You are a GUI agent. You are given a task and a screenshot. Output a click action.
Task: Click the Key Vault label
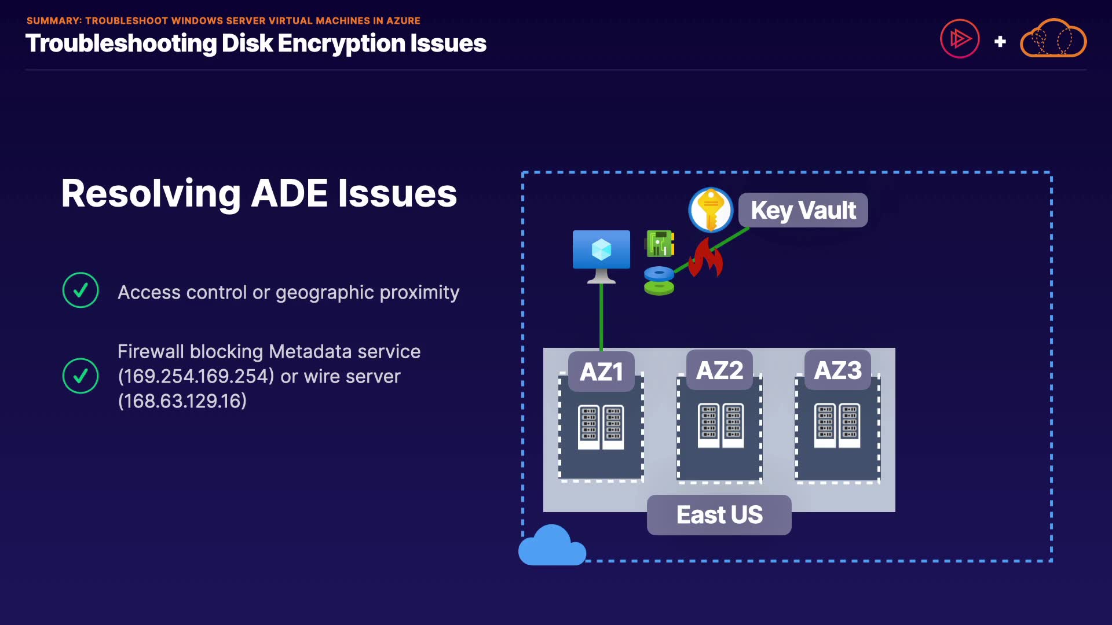pyautogui.click(x=803, y=210)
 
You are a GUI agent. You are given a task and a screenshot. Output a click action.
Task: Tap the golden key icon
pyautogui.click(x=711, y=209)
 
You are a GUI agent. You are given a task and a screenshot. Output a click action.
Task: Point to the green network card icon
pyautogui.click(x=659, y=243)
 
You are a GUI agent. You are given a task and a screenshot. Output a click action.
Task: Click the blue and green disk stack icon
pyautogui.click(x=659, y=281)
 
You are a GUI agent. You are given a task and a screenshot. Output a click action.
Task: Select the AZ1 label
pyautogui.click(x=601, y=372)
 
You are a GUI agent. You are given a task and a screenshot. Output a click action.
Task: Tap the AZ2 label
pyautogui.click(x=719, y=370)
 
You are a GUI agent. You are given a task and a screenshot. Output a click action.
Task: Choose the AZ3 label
pyautogui.click(x=837, y=370)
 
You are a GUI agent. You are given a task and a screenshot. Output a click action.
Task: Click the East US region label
pyautogui.click(x=719, y=514)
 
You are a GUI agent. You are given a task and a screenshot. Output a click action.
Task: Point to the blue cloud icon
pyautogui.click(x=551, y=546)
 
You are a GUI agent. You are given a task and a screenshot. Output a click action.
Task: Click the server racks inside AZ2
pyautogui.click(x=720, y=425)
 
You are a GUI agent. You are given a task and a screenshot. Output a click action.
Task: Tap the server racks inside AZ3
pyautogui.click(x=837, y=425)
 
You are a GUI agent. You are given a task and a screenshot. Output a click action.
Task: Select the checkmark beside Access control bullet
pyautogui.click(x=81, y=290)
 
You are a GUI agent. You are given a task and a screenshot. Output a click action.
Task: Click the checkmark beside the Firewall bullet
pyautogui.click(x=81, y=376)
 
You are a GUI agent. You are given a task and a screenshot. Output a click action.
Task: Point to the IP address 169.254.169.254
pyautogui.click(x=196, y=376)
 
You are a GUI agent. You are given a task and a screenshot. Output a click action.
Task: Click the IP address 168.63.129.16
pyautogui.click(x=182, y=401)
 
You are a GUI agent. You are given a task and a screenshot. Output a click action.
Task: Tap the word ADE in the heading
pyautogui.click(x=289, y=193)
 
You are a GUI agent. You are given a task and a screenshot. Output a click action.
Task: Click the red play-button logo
pyautogui.click(x=960, y=39)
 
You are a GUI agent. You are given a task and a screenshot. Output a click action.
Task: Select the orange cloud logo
pyautogui.click(x=1053, y=39)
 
